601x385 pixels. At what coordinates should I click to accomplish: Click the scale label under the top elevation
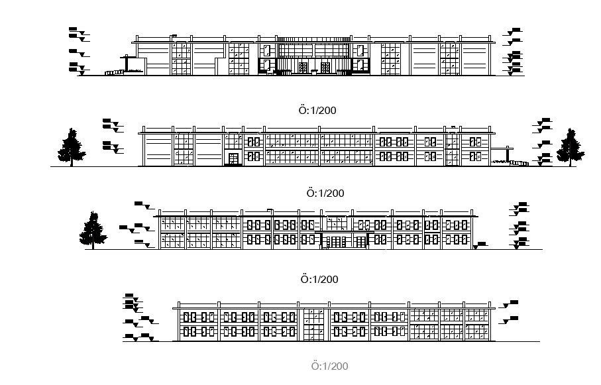click(x=317, y=110)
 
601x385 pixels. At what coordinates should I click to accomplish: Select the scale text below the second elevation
click(x=325, y=193)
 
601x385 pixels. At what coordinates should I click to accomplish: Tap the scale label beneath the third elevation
click(x=319, y=280)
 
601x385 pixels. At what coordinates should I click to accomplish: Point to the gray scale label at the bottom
click(x=329, y=366)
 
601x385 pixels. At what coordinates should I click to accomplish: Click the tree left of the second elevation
click(x=71, y=146)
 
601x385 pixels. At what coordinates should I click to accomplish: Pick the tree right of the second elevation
click(x=570, y=146)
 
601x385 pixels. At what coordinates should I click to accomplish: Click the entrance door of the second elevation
click(x=233, y=158)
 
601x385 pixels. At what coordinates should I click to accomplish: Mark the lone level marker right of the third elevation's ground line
click(x=481, y=245)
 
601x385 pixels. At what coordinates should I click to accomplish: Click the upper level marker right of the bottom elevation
click(x=511, y=303)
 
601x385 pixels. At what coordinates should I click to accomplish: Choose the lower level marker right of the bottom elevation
click(x=511, y=320)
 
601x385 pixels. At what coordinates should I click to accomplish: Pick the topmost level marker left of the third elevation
click(x=140, y=205)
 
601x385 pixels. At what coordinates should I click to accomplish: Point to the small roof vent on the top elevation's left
click(x=174, y=36)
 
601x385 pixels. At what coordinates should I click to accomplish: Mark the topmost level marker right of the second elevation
click(x=545, y=121)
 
